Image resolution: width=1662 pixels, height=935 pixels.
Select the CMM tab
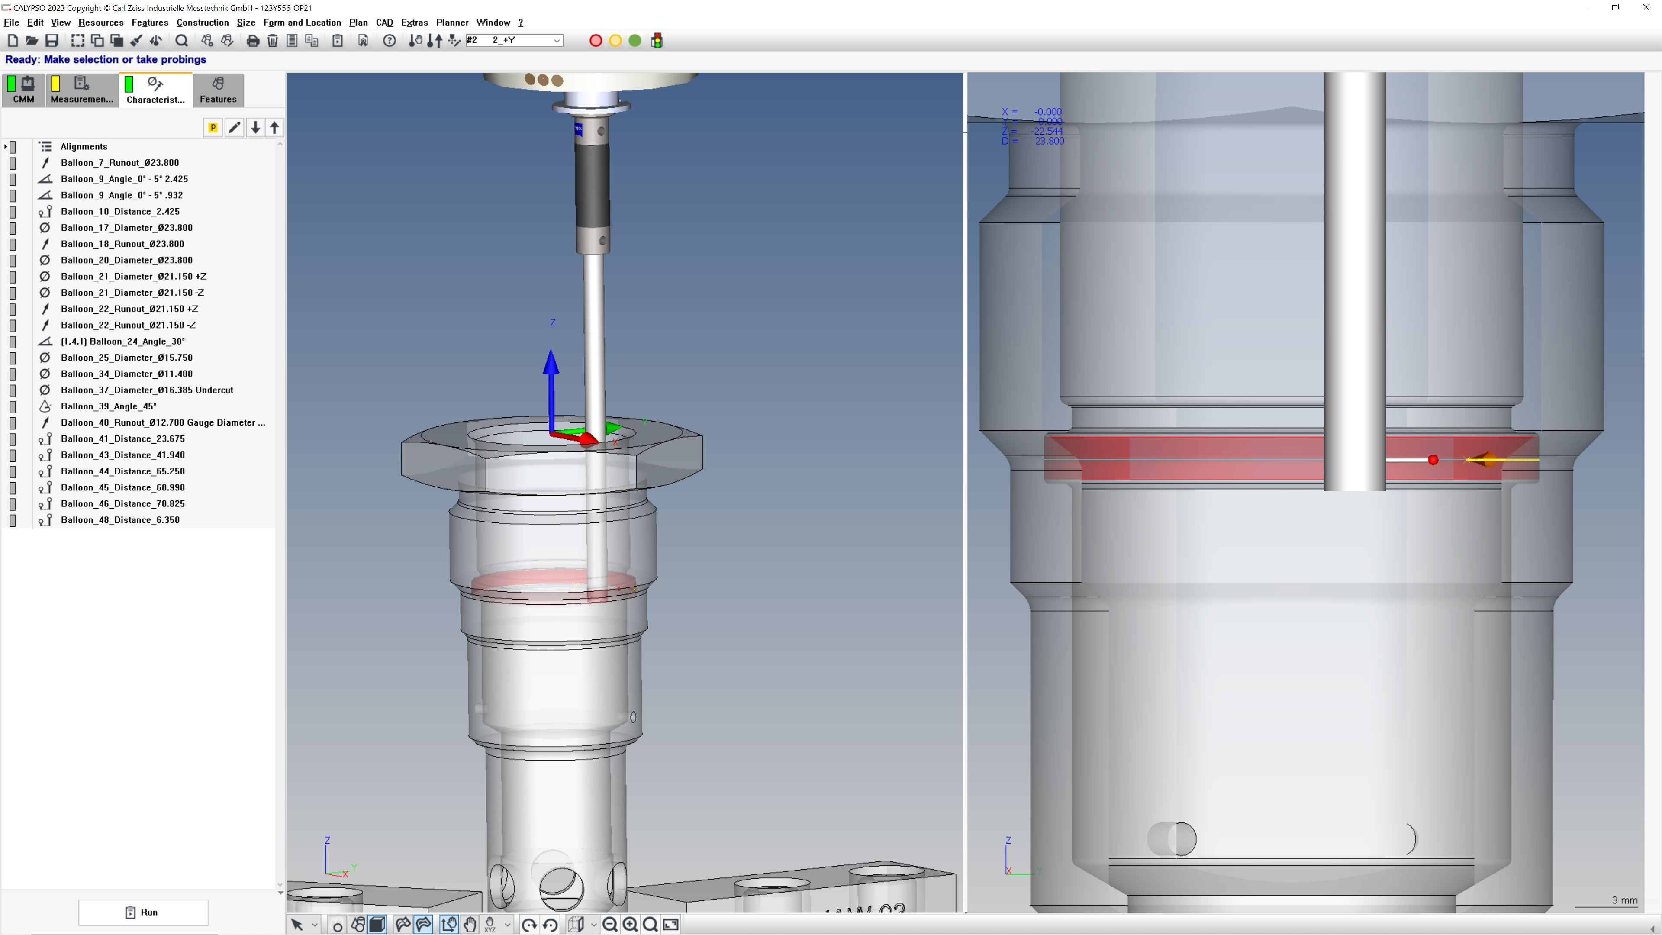click(23, 90)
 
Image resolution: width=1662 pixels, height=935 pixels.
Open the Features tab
click(218, 90)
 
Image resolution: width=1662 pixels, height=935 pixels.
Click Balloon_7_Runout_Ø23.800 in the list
click(120, 163)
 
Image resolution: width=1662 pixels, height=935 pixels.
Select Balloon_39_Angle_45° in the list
click(108, 406)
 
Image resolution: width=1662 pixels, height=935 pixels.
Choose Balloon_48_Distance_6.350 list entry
click(120, 519)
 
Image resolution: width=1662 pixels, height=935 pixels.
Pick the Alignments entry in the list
click(84, 146)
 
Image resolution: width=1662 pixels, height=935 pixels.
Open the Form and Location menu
click(302, 23)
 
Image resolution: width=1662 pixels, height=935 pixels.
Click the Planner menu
click(451, 23)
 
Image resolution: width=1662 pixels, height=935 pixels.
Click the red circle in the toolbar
click(596, 41)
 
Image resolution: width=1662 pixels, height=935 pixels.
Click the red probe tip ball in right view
click(1433, 460)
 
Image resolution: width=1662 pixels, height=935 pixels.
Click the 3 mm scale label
click(1624, 900)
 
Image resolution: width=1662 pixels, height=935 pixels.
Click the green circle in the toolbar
click(635, 41)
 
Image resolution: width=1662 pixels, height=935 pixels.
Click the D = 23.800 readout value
click(1050, 141)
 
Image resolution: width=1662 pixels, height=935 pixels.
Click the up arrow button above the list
click(275, 127)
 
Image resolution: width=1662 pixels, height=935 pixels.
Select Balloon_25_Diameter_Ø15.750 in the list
click(126, 358)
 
